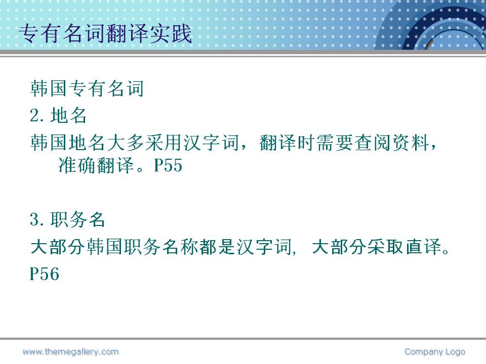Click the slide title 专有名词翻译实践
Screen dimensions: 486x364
click(x=105, y=33)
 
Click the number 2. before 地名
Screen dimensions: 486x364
click(x=39, y=115)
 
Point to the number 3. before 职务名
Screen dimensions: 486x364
click(x=39, y=219)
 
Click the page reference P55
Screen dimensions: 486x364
click(x=168, y=165)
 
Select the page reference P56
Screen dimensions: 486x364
click(x=45, y=274)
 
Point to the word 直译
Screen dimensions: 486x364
click(x=424, y=247)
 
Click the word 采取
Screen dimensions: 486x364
click(x=386, y=247)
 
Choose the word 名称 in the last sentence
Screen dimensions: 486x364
click(x=180, y=247)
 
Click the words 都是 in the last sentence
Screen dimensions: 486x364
click(x=218, y=247)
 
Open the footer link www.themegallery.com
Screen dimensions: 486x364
click(x=71, y=352)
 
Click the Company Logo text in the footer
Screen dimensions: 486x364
click(x=435, y=352)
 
